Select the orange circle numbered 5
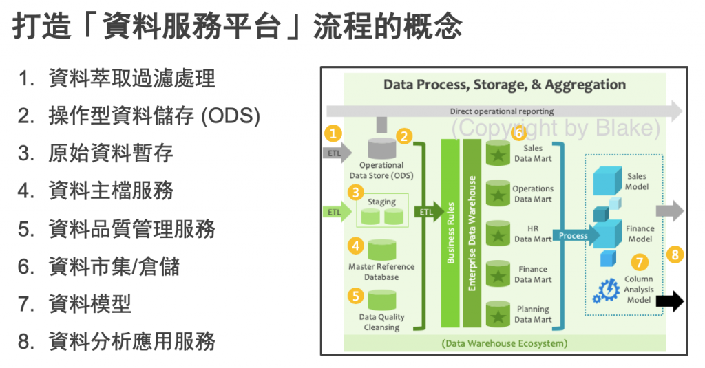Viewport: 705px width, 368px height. (x=355, y=296)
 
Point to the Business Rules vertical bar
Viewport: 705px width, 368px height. (x=450, y=232)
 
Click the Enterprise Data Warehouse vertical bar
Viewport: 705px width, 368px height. (x=472, y=232)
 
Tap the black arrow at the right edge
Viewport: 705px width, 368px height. (x=669, y=301)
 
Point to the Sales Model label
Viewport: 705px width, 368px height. (x=637, y=182)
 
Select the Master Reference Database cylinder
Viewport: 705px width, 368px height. (x=381, y=249)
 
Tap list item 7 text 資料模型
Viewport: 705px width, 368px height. (x=90, y=303)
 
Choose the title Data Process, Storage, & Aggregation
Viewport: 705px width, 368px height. (x=504, y=85)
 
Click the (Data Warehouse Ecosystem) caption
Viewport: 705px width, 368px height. (x=505, y=343)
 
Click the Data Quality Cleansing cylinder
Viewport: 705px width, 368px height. (x=381, y=300)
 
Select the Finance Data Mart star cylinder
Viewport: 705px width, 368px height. (x=497, y=274)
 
